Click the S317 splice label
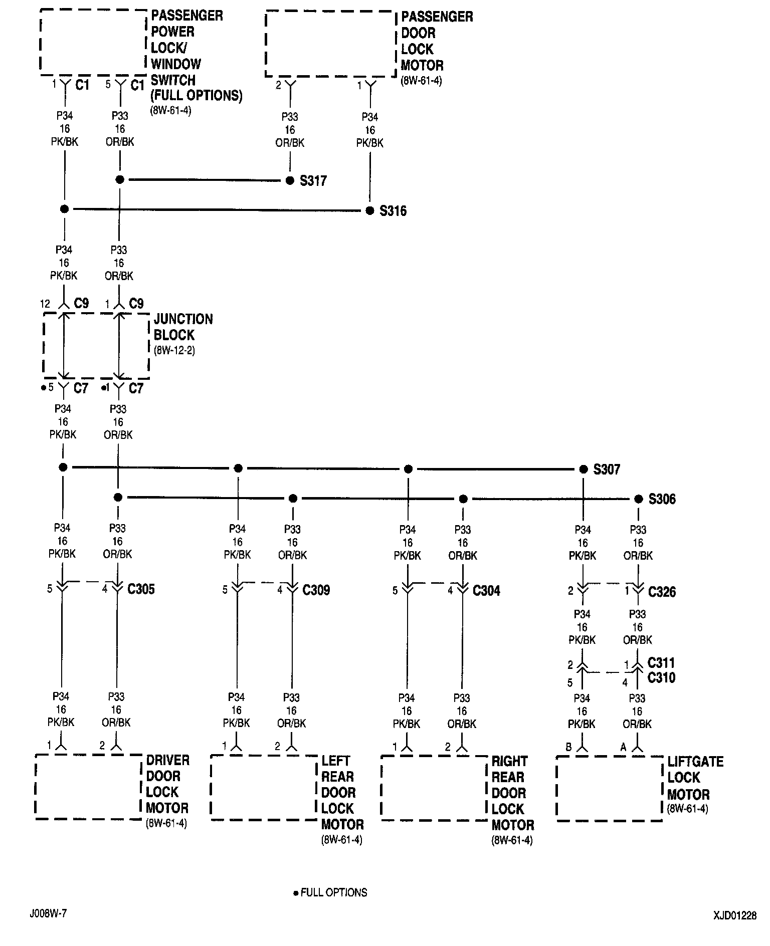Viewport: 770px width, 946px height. point(313,181)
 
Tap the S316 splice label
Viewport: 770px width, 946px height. point(393,211)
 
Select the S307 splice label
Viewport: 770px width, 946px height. point(607,469)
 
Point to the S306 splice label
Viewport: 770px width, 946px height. point(662,499)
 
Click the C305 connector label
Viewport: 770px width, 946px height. point(141,589)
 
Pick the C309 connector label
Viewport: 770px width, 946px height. point(316,590)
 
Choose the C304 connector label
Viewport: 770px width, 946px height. point(486,591)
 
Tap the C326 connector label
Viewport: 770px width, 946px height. point(662,592)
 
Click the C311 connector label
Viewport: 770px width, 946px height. point(661,663)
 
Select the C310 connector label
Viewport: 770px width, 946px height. point(661,678)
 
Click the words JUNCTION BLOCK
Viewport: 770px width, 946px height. point(183,327)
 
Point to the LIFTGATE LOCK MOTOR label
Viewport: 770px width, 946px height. point(695,778)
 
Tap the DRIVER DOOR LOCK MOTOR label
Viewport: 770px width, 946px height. point(167,784)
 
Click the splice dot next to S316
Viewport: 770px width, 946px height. point(370,211)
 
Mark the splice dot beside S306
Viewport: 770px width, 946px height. point(638,499)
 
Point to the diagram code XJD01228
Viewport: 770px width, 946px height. point(735,915)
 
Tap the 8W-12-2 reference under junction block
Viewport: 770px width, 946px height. point(174,350)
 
